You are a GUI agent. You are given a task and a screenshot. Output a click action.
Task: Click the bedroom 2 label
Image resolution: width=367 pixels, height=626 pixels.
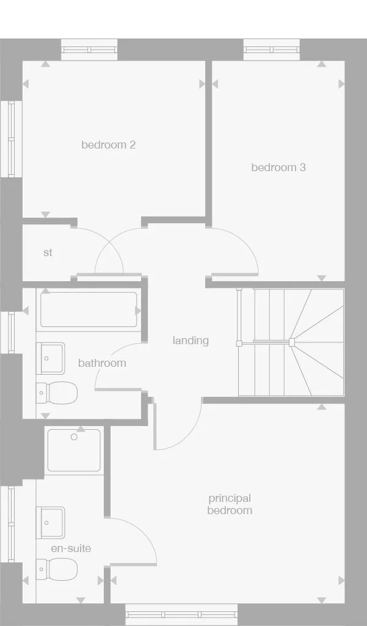(x=108, y=145)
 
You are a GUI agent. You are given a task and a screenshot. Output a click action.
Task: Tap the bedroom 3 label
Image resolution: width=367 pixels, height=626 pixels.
(x=278, y=167)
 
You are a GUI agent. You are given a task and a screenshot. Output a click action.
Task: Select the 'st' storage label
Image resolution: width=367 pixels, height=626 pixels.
(x=48, y=252)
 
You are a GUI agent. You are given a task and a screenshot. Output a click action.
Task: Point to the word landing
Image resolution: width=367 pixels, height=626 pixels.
(x=191, y=341)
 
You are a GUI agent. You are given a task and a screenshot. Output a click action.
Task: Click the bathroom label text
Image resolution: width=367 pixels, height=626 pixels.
(x=102, y=363)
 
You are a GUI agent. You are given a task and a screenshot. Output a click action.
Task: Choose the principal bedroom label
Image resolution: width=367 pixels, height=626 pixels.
(x=230, y=504)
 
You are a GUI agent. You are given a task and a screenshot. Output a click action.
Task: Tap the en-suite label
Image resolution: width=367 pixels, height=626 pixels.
(x=71, y=548)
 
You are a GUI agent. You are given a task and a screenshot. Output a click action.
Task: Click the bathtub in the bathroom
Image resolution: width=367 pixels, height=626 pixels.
(x=89, y=310)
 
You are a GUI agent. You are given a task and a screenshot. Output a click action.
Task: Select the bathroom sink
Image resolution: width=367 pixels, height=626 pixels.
(x=51, y=358)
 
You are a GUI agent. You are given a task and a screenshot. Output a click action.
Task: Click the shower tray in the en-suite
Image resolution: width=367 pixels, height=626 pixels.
(x=74, y=450)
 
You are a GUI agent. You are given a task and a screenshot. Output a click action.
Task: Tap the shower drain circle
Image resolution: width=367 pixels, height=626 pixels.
(x=74, y=437)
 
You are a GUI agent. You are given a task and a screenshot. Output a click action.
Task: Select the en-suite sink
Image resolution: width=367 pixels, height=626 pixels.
(x=51, y=523)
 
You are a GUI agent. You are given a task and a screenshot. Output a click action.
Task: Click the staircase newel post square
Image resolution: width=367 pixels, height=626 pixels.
(x=292, y=342)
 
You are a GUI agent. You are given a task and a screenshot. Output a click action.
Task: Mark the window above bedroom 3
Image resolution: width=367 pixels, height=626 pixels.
(x=272, y=49)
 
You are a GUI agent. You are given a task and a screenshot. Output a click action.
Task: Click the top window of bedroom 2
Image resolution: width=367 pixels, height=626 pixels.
(x=89, y=49)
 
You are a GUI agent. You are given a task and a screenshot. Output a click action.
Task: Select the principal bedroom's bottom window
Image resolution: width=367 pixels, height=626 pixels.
(x=181, y=614)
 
